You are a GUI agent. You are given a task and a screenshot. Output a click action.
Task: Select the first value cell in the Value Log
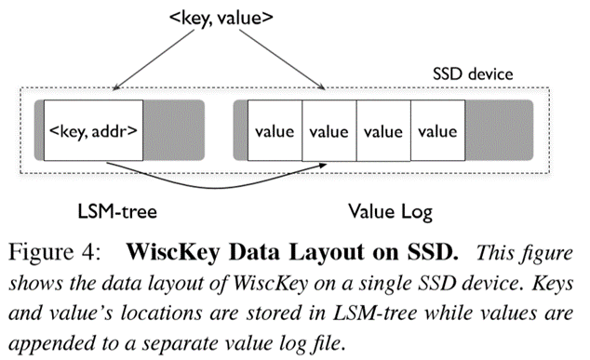point(275,131)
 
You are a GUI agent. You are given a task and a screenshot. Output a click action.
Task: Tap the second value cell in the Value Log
point(329,131)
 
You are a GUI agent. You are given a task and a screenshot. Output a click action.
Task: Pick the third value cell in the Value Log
point(383,131)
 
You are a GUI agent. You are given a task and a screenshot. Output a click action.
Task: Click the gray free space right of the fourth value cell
point(498,131)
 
